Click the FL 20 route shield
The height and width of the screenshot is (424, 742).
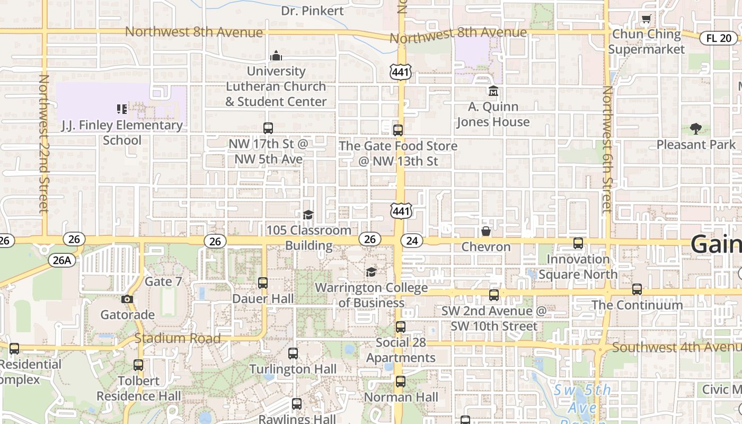[719, 38]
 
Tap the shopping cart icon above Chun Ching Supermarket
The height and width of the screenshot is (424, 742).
[646, 20]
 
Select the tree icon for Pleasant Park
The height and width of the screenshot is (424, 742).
[696, 128]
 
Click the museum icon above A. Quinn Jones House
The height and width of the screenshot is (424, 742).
[493, 91]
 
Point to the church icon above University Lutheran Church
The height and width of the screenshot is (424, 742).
[276, 55]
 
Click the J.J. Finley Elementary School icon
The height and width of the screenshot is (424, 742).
[122, 109]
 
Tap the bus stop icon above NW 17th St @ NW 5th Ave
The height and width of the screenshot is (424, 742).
[268, 128]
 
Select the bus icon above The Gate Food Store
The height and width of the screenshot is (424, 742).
[398, 130]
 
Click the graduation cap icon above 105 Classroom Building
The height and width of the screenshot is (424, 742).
[308, 215]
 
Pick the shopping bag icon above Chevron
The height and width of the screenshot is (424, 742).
[485, 231]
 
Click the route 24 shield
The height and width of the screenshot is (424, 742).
[412, 241]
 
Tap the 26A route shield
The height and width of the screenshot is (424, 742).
[62, 260]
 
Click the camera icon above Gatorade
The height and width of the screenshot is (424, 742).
[127, 299]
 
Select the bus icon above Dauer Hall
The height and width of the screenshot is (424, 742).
[263, 282]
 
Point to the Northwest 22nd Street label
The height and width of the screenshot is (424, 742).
[43, 143]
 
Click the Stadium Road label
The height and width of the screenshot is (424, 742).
[177, 338]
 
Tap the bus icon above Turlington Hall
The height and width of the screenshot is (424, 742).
[293, 353]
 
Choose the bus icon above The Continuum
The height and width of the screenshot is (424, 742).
[637, 289]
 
